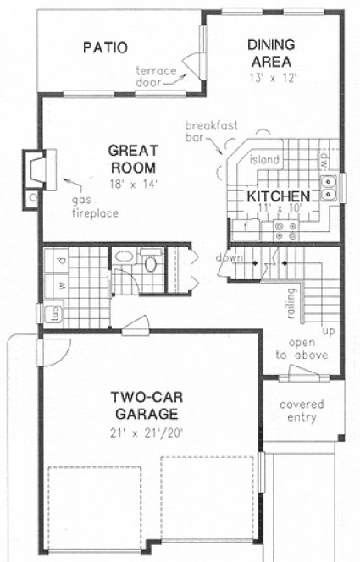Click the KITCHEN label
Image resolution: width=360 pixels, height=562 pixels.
pyautogui.click(x=277, y=196)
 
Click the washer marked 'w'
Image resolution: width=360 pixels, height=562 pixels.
pyautogui.click(x=48, y=284)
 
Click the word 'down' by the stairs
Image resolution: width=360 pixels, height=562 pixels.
pyautogui.click(x=229, y=257)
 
